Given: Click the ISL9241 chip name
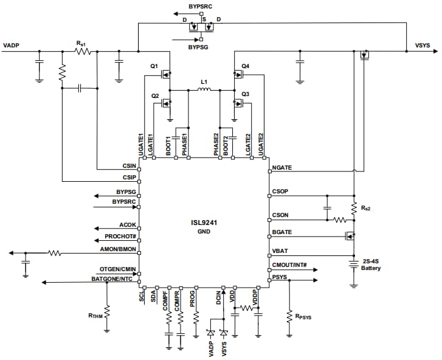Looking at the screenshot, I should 204,223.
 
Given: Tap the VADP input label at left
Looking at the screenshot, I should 12,46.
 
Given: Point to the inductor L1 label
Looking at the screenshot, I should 204,81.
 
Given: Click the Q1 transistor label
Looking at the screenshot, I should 154,65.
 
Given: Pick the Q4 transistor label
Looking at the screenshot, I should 245,65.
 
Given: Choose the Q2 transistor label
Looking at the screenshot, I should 155,96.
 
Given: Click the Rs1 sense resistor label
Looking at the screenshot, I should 81,43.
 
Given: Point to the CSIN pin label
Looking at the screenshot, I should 129,165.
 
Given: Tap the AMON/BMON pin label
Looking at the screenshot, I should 118,250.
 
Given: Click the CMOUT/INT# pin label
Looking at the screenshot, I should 289,265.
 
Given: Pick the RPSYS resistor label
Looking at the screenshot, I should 303,317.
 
